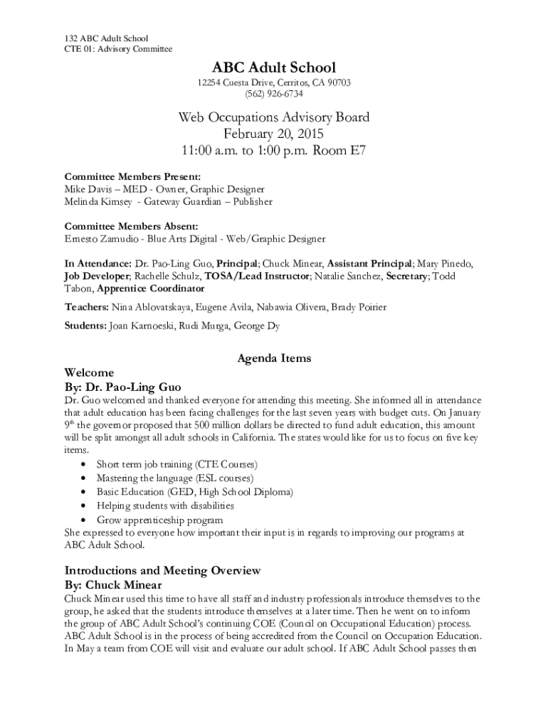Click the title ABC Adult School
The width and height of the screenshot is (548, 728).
(x=274, y=68)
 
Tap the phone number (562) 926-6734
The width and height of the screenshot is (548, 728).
(x=274, y=94)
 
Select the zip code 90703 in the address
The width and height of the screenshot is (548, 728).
(x=336, y=83)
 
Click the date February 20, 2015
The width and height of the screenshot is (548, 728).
(x=274, y=134)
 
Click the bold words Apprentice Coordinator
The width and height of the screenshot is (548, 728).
(x=150, y=289)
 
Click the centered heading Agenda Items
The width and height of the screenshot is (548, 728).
(x=274, y=358)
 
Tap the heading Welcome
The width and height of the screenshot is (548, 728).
(x=89, y=373)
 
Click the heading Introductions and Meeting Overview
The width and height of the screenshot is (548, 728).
(x=163, y=570)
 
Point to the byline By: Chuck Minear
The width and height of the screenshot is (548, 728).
(x=113, y=585)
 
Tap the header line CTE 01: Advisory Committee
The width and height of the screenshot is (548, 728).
(x=115, y=49)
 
